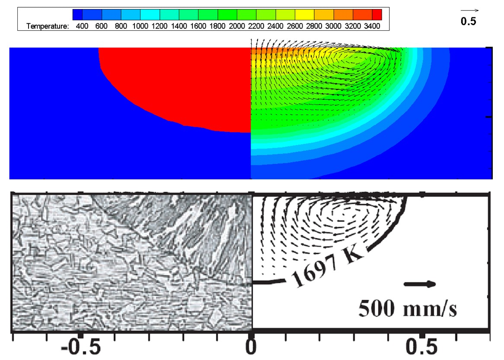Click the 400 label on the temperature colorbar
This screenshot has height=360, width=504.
coord(82,26)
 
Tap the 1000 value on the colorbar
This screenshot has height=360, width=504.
coord(140,26)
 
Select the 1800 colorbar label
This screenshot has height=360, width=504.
coord(217,26)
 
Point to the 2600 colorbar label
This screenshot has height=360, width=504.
coord(295,26)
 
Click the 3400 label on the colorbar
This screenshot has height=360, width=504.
coord(372,26)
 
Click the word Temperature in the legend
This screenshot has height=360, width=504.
coord(48,26)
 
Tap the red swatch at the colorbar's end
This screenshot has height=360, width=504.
coord(377,15)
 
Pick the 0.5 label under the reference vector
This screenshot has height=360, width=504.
coord(469,21)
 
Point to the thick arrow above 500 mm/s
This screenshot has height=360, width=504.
coord(420,284)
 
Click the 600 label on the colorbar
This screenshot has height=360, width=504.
coord(101,26)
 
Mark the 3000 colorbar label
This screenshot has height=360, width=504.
coord(333,26)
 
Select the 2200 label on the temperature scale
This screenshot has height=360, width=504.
coord(256,26)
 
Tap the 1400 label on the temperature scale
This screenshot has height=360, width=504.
coord(179,26)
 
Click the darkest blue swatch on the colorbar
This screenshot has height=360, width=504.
coord(77,15)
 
